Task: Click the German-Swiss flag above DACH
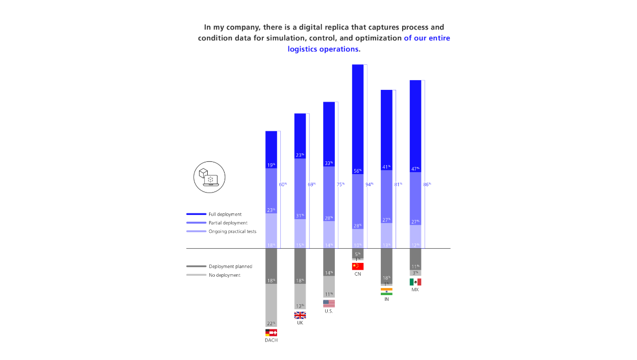tap(271, 332)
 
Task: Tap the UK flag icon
tap(300, 315)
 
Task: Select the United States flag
tap(329, 303)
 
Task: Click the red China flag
tap(357, 267)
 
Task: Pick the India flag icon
tap(386, 292)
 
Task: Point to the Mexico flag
tap(415, 282)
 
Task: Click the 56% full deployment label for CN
tap(357, 171)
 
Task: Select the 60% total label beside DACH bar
tap(283, 184)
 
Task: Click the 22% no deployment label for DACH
tap(271, 323)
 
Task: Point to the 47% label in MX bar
tap(415, 169)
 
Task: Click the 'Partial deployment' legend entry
tap(228, 223)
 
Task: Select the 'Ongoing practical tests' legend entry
tap(232, 231)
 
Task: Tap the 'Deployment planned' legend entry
tap(230, 267)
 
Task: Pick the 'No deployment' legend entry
tap(225, 275)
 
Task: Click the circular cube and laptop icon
tap(209, 178)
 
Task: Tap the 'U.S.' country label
tap(329, 311)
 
